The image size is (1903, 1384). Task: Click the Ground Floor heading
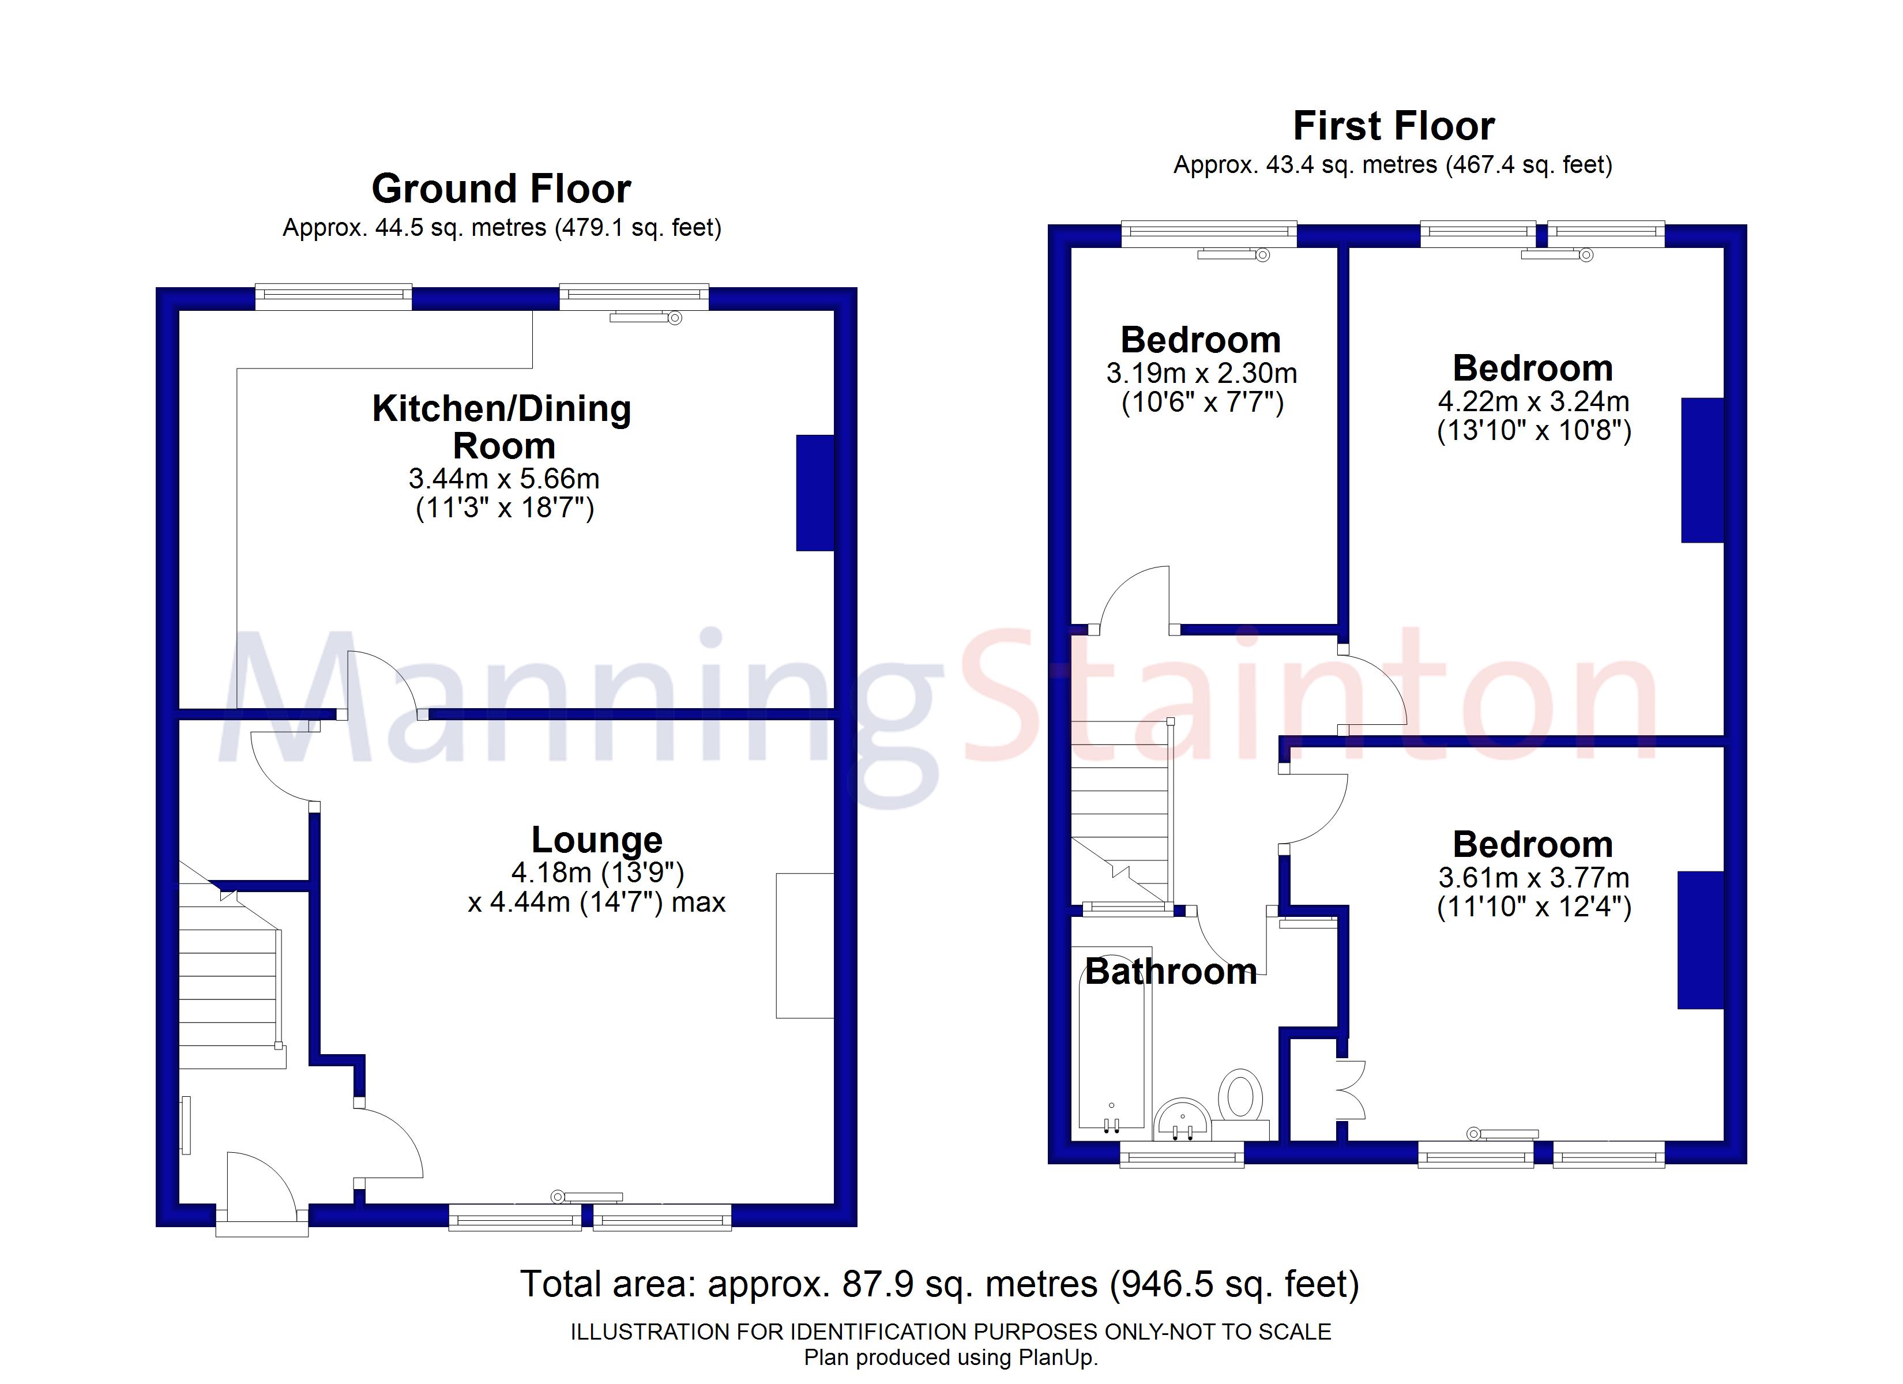click(x=501, y=189)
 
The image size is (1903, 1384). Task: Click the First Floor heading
click(x=1394, y=126)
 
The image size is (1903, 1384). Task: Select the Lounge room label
click(x=597, y=839)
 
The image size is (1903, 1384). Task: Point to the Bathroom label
click(x=1171, y=972)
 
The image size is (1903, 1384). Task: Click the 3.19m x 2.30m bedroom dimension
click(x=1202, y=373)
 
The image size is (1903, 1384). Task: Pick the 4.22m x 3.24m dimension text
click(x=1534, y=401)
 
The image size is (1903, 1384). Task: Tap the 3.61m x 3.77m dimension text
click(x=1534, y=878)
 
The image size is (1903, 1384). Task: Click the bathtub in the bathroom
click(x=1111, y=1052)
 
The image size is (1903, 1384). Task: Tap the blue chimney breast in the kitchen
click(x=815, y=492)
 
